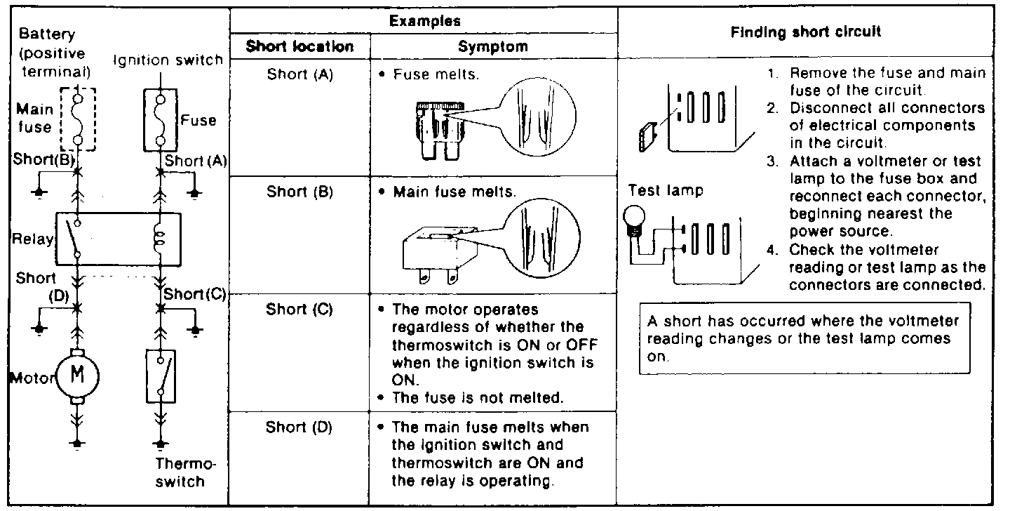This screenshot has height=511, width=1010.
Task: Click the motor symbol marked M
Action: click(79, 376)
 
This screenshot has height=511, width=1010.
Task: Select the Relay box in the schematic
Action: click(118, 239)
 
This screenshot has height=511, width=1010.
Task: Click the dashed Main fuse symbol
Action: click(76, 119)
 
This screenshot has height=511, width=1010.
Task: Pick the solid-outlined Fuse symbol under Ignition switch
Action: click(161, 119)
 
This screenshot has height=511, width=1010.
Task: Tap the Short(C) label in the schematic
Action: click(194, 294)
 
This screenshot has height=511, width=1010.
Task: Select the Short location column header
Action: click(299, 47)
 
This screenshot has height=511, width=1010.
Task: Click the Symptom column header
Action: click(492, 47)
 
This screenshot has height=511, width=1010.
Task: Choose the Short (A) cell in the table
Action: click(299, 74)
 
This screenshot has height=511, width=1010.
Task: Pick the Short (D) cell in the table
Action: click(299, 427)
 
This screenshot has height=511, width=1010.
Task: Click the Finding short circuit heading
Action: click(806, 32)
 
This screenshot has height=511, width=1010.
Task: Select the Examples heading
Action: click(424, 21)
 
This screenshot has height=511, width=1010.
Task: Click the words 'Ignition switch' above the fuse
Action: click(168, 60)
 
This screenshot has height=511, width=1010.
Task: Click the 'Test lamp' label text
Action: click(666, 191)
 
